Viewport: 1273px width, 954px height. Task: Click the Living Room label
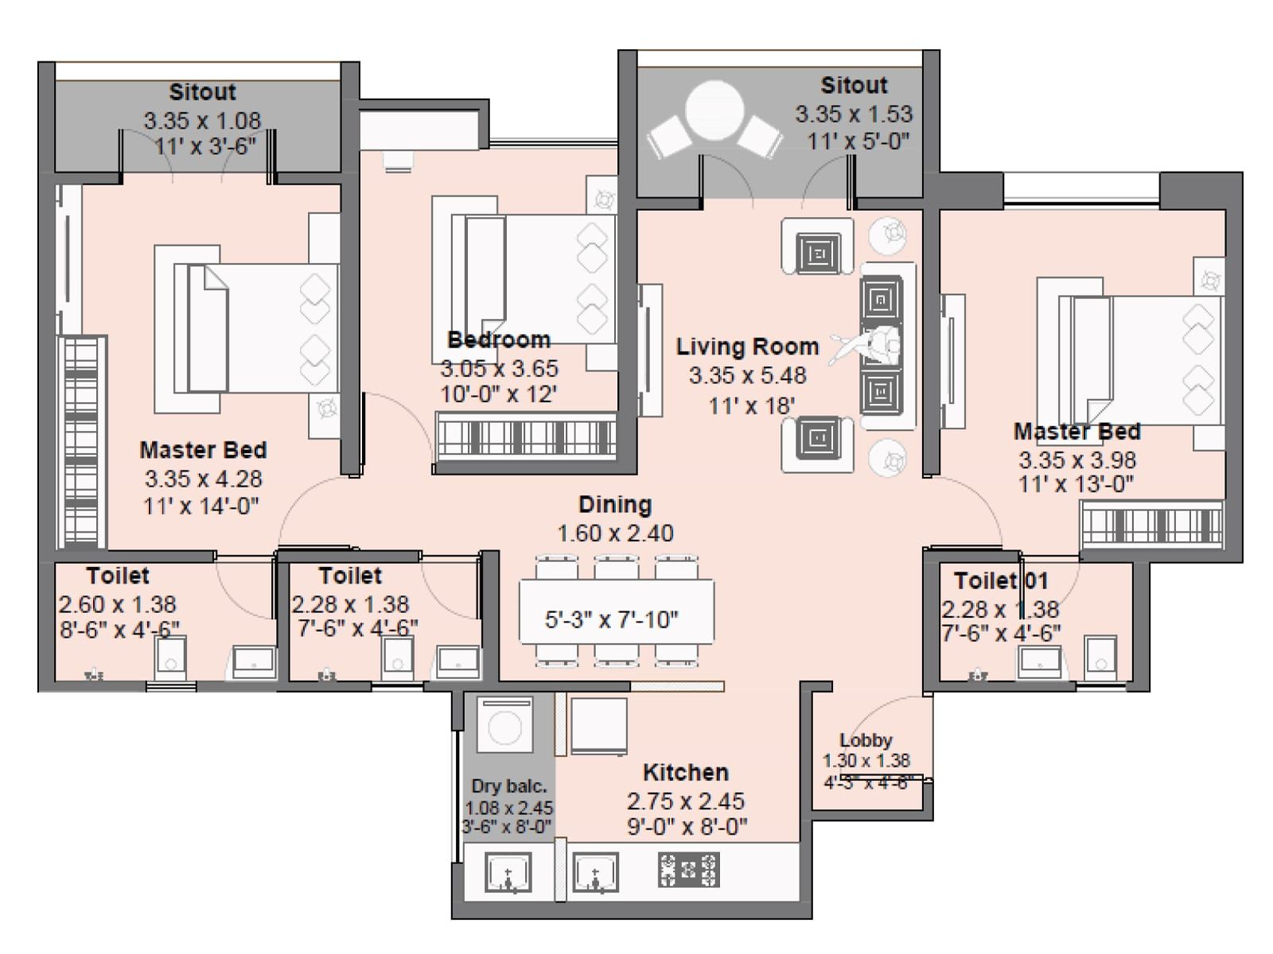(747, 347)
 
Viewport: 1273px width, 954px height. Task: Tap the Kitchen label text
(686, 772)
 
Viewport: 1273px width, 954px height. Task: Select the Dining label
(615, 505)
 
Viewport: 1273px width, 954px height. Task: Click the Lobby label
(866, 739)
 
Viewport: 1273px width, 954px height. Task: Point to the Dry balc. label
(508, 786)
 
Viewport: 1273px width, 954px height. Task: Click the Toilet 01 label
(1001, 580)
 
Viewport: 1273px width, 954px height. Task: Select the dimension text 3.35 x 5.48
(747, 375)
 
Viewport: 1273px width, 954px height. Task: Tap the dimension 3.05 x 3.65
(500, 368)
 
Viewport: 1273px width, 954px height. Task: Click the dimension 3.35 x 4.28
(204, 479)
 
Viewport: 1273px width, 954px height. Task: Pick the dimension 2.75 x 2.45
(686, 801)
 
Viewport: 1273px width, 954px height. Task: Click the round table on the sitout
(714, 110)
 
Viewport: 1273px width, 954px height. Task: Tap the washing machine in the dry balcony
(504, 724)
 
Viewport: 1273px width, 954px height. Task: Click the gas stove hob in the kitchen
(688, 870)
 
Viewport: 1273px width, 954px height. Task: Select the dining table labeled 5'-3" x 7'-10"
(617, 611)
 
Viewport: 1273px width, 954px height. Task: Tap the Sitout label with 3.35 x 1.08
(202, 92)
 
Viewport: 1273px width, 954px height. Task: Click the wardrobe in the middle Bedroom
(526, 436)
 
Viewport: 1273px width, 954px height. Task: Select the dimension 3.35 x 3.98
(1077, 460)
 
